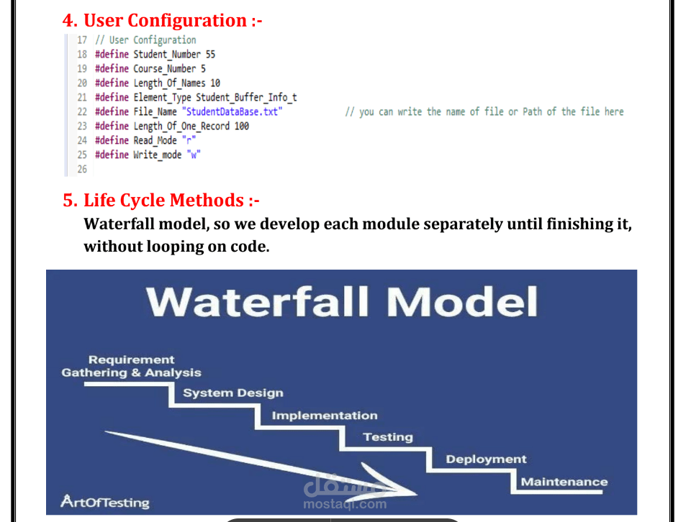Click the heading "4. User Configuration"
[x=162, y=20]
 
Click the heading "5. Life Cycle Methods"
[x=163, y=200]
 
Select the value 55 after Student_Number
[x=210, y=55]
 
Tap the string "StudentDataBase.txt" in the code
[x=232, y=112]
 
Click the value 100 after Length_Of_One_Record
[x=242, y=127]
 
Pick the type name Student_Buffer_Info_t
[x=246, y=98]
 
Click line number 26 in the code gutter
[x=82, y=170]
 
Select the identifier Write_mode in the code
[x=157, y=155]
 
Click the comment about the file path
[x=484, y=112]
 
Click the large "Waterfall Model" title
[x=342, y=303]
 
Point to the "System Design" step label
[x=232, y=393]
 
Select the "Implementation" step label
[x=324, y=416]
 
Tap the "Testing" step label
[x=387, y=437]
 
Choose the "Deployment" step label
[x=486, y=459]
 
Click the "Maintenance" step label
[x=564, y=482]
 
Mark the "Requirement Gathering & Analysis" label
[x=132, y=366]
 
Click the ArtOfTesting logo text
[x=104, y=502]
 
